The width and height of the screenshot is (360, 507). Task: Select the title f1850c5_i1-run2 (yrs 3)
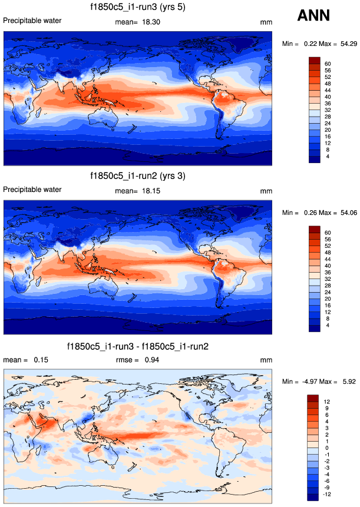137,176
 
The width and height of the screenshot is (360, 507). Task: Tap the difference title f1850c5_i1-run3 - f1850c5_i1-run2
137,346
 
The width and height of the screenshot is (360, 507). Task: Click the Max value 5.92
347,383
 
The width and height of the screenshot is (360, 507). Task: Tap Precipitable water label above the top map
32,21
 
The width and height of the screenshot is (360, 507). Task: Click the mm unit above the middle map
265,191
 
